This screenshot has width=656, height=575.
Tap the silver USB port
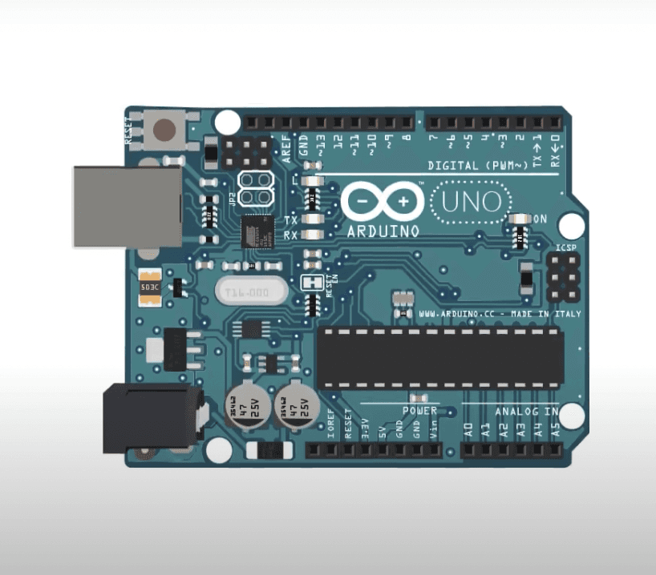[126, 207]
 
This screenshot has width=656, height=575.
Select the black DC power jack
[149, 418]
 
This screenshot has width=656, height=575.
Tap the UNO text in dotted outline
[471, 203]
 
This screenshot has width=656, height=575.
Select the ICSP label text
[566, 249]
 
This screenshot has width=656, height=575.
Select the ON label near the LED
[540, 219]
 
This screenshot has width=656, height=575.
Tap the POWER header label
[419, 410]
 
